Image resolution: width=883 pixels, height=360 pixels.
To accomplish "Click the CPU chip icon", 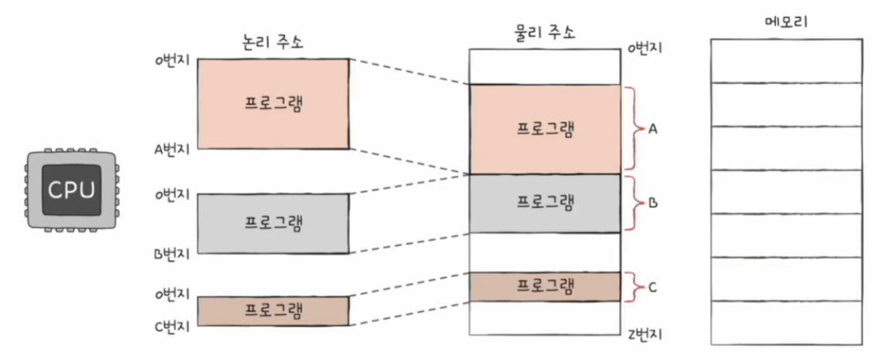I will pyautogui.click(x=70, y=188).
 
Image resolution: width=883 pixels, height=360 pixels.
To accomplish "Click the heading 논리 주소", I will pyautogui.click(x=272, y=42).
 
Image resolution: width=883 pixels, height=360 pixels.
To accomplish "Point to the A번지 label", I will pyautogui.click(x=171, y=150).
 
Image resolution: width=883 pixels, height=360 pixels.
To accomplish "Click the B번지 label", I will pyautogui.click(x=171, y=253).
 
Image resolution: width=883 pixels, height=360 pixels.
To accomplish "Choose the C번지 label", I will pyautogui.click(x=171, y=325).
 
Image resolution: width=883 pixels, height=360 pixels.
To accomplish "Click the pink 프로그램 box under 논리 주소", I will pyautogui.click(x=273, y=103).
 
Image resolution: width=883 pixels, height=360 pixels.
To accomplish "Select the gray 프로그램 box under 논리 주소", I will pyautogui.click(x=273, y=223).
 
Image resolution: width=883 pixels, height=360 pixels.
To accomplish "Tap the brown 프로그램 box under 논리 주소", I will pyautogui.click(x=273, y=311).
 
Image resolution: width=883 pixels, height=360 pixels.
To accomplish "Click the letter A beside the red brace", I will pyautogui.click(x=653, y=130).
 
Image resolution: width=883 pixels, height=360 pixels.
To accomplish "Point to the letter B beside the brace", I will pyautogui.click(x=653, y=204).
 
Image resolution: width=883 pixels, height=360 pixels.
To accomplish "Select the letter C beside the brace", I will pyautogui.click(x=652, y=288).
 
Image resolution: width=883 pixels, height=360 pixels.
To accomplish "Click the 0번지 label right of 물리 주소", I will pyautogui.click(x=646, y=49).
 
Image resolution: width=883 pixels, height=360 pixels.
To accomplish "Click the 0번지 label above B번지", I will pyautogui.click(x=171, y=194).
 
